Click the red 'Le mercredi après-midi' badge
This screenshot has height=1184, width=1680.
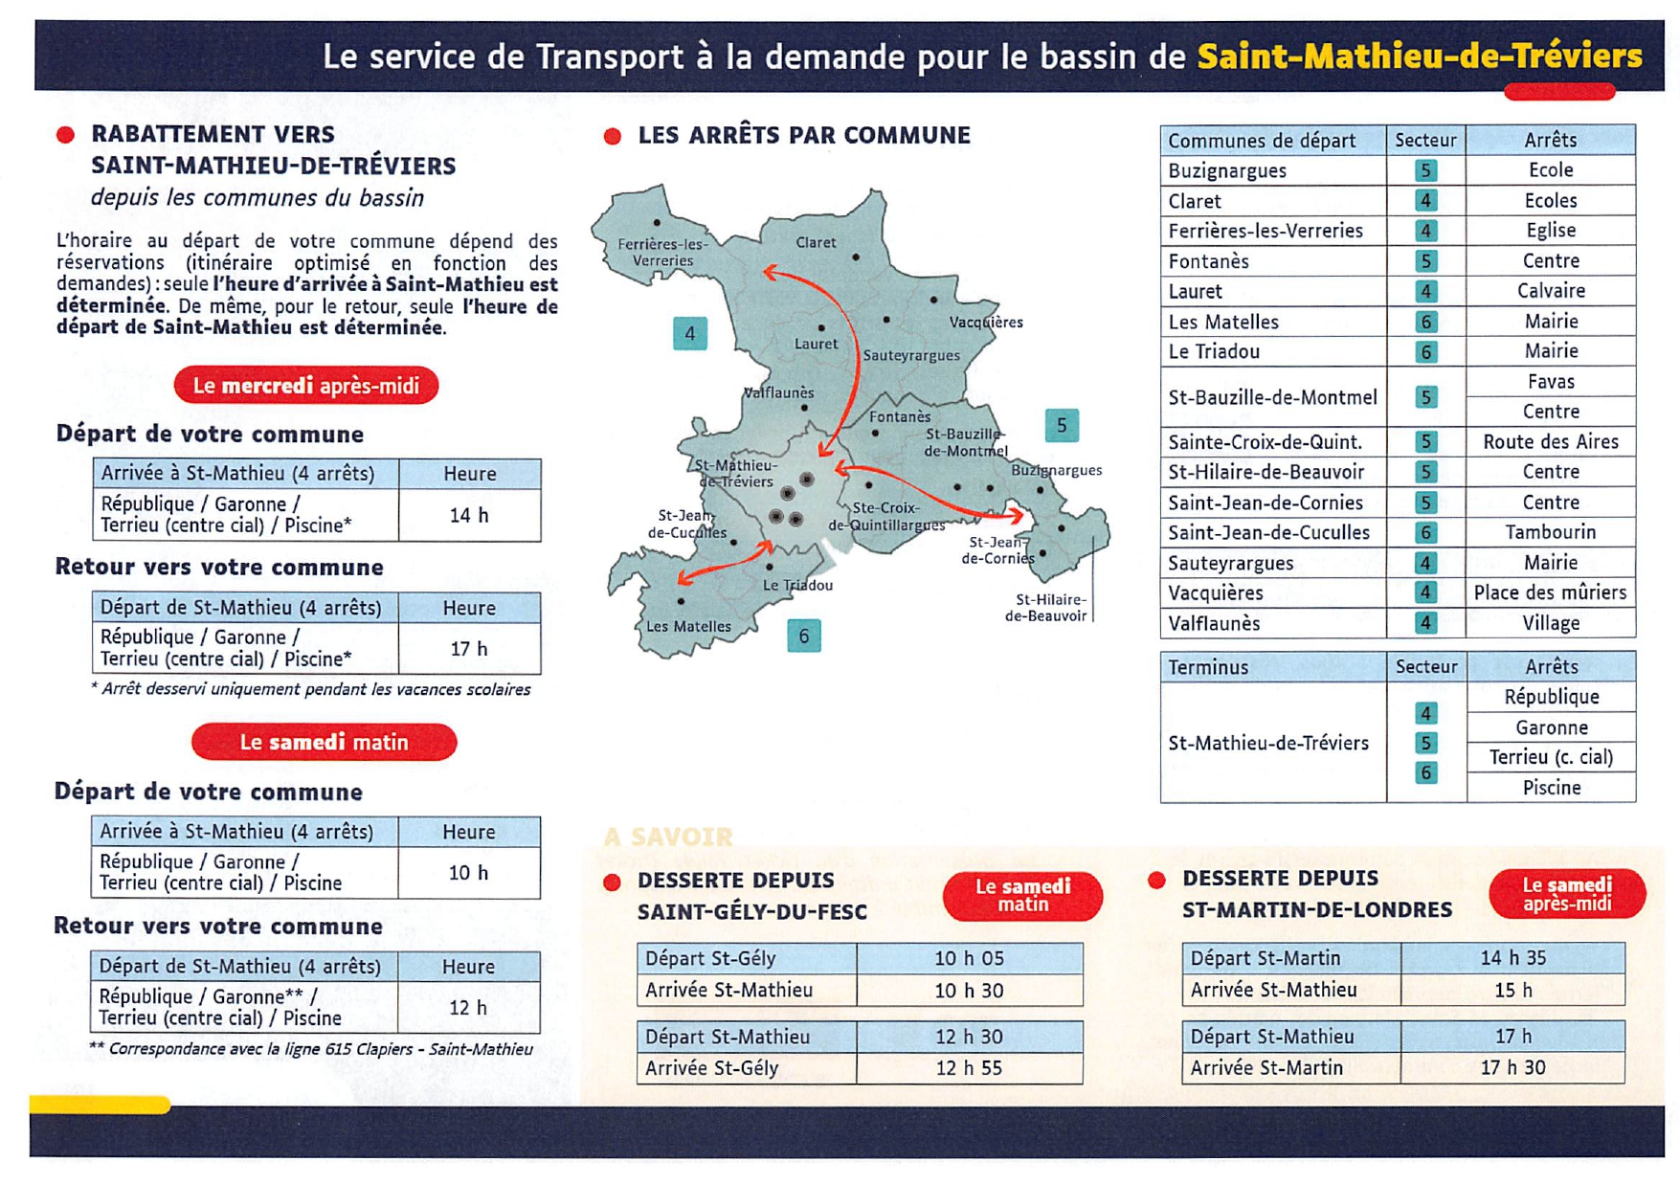click(x=306, y=386)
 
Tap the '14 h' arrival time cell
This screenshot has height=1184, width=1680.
click(x=469, y=515)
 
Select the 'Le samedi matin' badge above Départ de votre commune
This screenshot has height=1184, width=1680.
click(x=324, y=743)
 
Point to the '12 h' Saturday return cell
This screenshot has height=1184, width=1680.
click(x=468, y=1007)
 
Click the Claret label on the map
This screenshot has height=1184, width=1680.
click(x=816, y=243)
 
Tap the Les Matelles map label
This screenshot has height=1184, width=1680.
click(x=688, y=627)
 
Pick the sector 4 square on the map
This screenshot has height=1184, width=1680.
click(x=690, y=334)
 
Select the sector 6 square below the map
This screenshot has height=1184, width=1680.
click(x=804, y=636)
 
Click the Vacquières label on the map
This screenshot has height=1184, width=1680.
click(x=986, y=323)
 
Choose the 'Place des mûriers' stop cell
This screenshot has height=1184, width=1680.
click(x=1550, y=592)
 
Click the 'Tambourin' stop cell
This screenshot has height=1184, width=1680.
click(x=1550, y=532)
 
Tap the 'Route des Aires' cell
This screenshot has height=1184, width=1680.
click(x=1550, y=441)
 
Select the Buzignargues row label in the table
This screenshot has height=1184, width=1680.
click(x=1227, y=170)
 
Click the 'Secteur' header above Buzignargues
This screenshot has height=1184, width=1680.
click(x=1425, y=140)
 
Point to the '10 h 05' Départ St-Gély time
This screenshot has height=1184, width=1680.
click(x=969, y=958)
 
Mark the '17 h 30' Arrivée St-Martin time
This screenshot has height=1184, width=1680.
click(x=1512, y=1067)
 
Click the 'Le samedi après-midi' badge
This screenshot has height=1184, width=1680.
click(x=1567, y=894)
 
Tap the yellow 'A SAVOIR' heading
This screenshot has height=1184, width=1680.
click(x=668, y=838)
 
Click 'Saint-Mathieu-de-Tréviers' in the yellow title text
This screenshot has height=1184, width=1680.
click(x=1420, y=56)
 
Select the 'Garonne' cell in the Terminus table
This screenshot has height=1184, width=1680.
click(x=1551, y=727)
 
